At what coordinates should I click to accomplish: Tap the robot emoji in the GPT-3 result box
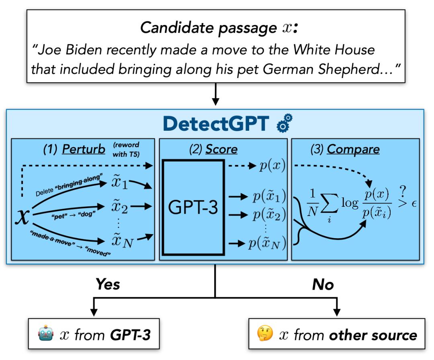(46, 333)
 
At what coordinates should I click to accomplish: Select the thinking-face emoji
(265, 333)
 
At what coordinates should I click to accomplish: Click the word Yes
(108, 285)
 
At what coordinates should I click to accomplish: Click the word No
(323, 285)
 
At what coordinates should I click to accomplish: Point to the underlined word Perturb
(84, 149)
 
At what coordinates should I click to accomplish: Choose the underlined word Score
(221, 149)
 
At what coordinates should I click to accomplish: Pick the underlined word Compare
(353, 150)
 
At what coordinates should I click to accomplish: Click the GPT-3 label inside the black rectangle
(193, 207)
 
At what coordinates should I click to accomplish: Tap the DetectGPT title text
(216, 123)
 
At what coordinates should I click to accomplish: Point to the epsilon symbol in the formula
(414, 204)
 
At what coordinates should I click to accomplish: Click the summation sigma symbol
(330, 204)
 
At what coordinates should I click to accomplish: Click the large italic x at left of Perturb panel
(23, 216)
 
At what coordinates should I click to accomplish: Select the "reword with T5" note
(126, 150)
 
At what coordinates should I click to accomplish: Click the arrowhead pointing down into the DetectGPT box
(215, 102)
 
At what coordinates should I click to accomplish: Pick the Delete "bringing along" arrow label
(69, 185)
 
